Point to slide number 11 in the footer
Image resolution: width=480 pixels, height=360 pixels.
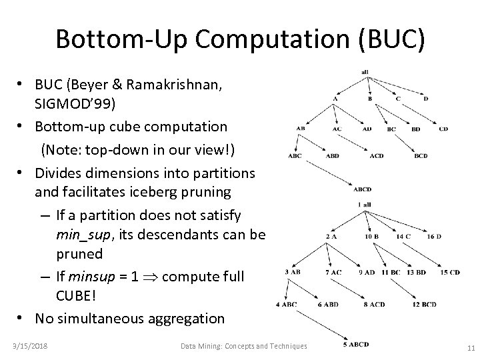click(x=471, y=347)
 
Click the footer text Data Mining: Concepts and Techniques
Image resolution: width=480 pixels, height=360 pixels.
click(x=244, y=345)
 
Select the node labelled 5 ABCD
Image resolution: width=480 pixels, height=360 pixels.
click(x=356, y=344)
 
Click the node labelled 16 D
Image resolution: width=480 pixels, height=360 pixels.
click(x=435, y=236)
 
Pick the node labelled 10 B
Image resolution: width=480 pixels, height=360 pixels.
click(x=372, y=236)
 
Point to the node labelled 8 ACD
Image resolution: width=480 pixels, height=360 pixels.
click(x=375, y=304)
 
